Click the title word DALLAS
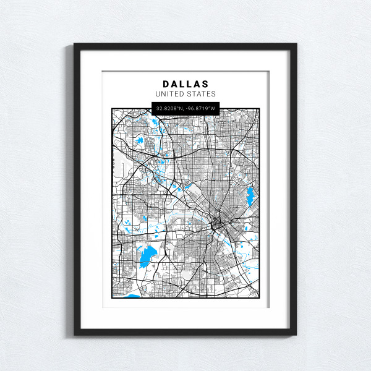point(185,83)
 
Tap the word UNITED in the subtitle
point(171,94)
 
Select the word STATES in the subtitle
point(202,94)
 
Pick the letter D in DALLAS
point(166,83)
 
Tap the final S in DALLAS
point(205,83)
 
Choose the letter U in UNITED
point(158,94)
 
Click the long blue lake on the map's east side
point(250,198)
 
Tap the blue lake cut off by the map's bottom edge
point(132,296)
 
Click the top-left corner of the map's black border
point(112,109)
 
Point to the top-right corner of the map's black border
point(259,109)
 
